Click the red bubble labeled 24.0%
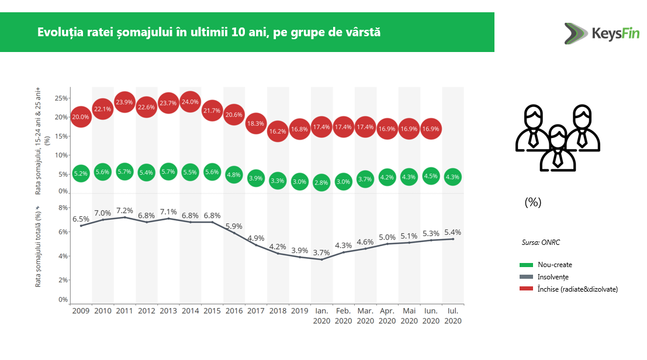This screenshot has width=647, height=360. [x=190, y=102]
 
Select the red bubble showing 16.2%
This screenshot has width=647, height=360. [x=278, y=131]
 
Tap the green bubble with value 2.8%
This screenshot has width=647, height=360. [x=321, y=182]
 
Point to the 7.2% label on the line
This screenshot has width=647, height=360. [x=124, y=210]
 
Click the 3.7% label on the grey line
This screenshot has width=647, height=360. [x=321, y=252]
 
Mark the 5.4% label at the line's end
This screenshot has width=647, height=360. [x=453, y=231]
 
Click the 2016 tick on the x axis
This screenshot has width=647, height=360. [x=234, y=310]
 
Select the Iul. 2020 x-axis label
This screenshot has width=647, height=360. [x=453, y=316]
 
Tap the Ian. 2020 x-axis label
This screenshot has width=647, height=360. [x=321, y=316]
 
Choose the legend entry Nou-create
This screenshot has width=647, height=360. [x=555, y=265]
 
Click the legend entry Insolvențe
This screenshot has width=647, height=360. [x=553, y=277]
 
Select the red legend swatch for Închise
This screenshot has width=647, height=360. [x=527, y=289]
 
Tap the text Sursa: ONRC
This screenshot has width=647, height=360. [x=541, y=243]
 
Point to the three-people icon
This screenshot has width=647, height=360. [x=557, y=138]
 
